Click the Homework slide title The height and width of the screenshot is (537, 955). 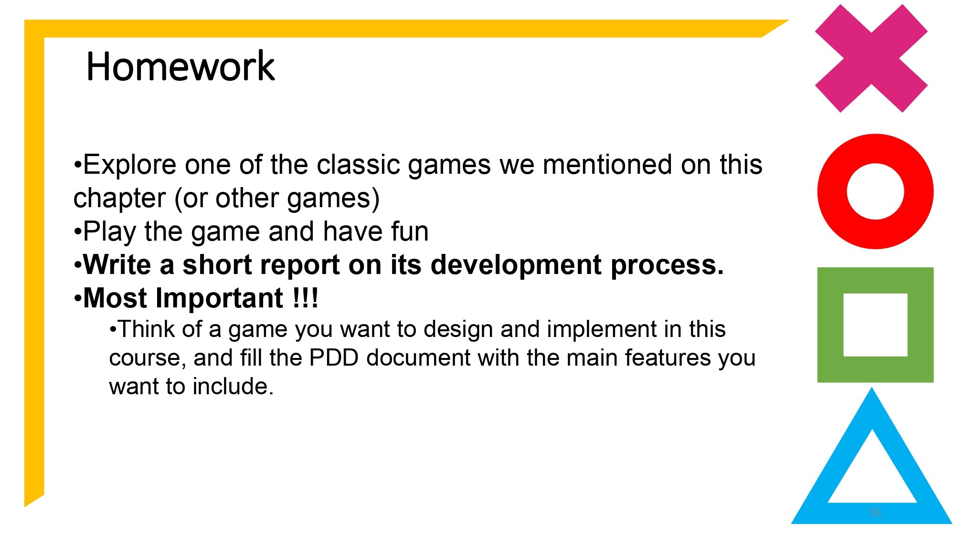[x=180, y=66]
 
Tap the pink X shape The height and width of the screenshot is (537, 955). [x=871, y=59]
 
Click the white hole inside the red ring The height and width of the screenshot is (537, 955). [x=875, y=191]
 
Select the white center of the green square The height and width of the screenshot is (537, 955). [x=875, y=325]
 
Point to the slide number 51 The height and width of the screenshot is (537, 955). [x=875, y=512]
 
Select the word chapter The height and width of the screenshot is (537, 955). [x=119, y=198]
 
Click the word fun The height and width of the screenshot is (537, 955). [x=410, y=232]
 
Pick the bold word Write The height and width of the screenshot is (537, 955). [x=117, y=265]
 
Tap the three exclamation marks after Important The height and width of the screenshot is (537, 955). [x=305, y=298]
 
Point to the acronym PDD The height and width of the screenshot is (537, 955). [x=334, y=358]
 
